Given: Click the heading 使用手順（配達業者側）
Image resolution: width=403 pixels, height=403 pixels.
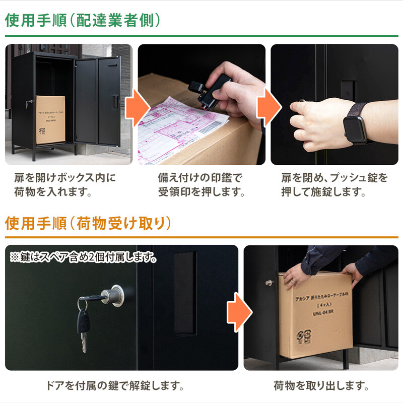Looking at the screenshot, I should click(83, 20).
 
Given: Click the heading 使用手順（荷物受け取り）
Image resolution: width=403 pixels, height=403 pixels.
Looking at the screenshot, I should click(88, 223).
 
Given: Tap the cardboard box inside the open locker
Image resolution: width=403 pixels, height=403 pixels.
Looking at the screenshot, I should click(50, 120).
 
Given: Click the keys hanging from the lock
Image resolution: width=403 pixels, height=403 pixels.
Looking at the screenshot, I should click(84, 322).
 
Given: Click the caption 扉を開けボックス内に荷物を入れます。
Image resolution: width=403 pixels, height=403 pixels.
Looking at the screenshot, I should click(65, 185).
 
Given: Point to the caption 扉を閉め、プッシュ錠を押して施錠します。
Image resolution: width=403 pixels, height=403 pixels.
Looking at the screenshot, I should click(334, 185).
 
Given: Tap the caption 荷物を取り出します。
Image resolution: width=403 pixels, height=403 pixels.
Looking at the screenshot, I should click(321, 386).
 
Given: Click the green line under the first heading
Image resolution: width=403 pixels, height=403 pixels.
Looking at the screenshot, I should click(201, 36).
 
